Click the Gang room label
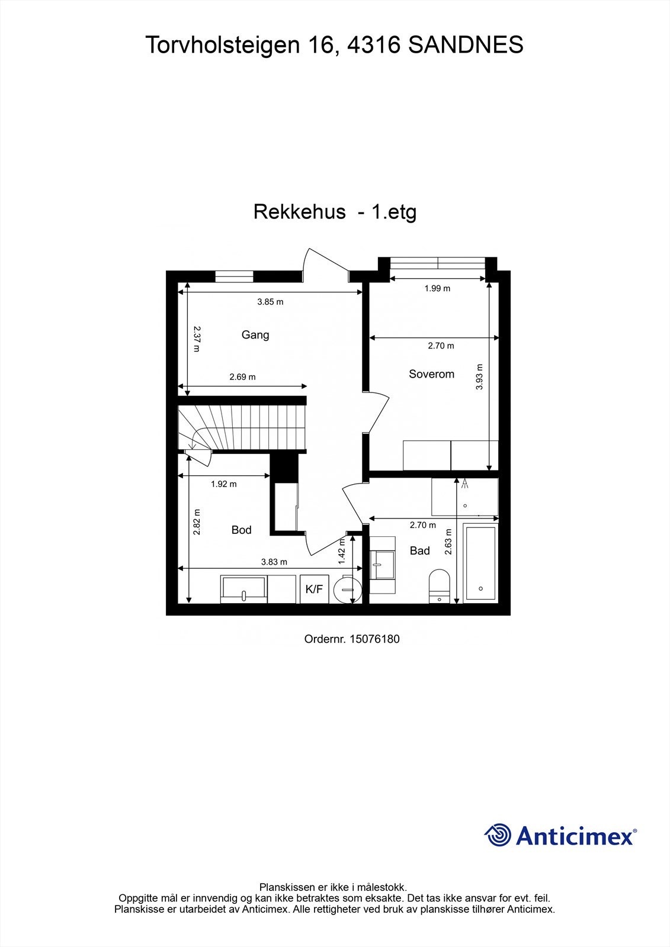[255, 335]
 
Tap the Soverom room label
[431, 374]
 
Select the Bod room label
[241, 530]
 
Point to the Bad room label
[419, 550]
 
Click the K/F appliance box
[314, 589]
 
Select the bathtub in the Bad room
[480, 562]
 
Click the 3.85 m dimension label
[270, 302]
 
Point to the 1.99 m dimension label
[437, 289]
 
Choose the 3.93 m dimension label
[479, 377]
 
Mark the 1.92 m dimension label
[223, 484]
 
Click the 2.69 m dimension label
[242, 377]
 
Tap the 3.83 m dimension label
[274, 562]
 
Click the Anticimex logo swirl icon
[498, 835]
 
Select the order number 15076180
[374, 639]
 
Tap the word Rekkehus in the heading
[299, 212]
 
